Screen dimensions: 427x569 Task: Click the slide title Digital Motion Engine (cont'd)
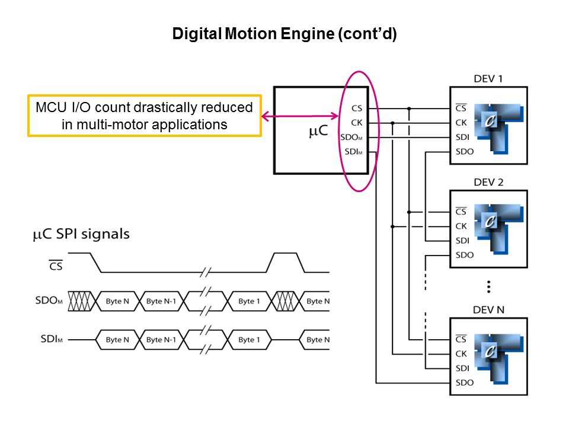(284, 34)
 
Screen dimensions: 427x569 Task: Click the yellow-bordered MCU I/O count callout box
(145, 116)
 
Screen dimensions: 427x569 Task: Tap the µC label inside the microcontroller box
(318, 131)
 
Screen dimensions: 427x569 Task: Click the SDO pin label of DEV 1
(464, 151)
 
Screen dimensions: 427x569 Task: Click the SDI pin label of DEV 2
(463, 240)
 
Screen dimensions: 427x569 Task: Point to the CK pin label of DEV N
(461, 353)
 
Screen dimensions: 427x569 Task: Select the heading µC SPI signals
(80, 234)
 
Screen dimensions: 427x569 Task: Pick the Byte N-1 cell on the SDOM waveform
(162, 301)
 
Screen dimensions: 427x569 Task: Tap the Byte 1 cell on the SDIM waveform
(249, 340)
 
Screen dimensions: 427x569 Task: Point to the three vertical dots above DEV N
(488, 287)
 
